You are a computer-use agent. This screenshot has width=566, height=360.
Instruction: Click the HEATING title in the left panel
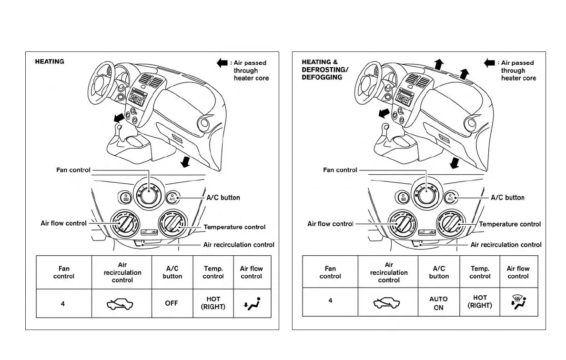50,61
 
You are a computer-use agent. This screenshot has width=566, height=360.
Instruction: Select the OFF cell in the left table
172,303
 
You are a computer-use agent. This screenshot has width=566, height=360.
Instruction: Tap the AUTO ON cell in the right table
438,303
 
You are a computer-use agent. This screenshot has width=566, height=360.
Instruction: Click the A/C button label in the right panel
507,198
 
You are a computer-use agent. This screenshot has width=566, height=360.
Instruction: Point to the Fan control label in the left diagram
73,170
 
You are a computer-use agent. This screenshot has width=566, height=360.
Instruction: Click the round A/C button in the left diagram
172,197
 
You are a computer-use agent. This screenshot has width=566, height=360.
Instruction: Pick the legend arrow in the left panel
222,63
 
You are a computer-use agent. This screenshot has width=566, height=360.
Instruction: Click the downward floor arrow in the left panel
184,163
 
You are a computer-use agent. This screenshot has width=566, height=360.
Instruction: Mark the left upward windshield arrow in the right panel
439,65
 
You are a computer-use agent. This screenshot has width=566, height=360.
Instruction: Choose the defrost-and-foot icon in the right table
518,302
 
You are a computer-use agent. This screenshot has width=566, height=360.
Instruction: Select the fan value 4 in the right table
330,301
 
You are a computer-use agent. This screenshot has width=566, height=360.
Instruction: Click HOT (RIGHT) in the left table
213,303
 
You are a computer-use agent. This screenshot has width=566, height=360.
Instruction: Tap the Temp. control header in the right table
480,272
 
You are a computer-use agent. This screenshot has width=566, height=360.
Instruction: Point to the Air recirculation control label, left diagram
239,245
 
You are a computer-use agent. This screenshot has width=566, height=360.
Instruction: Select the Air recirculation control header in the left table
122,272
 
